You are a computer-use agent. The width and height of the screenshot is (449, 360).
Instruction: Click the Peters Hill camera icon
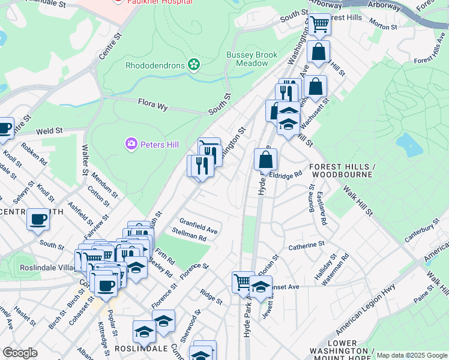coord(131,144)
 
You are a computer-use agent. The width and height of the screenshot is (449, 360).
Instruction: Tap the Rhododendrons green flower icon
coord(193,64)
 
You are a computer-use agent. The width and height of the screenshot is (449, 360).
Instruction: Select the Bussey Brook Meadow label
coord(252,59)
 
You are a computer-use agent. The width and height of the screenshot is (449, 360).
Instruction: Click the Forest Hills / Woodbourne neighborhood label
coord(341,170)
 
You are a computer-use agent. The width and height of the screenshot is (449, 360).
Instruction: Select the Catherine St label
coord(306,245)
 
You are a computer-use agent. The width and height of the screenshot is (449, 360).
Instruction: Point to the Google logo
coord(20,353)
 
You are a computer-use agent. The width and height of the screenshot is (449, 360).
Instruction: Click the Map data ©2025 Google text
coord(412,355)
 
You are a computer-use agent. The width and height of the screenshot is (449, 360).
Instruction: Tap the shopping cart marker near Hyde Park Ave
coord(243,281)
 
